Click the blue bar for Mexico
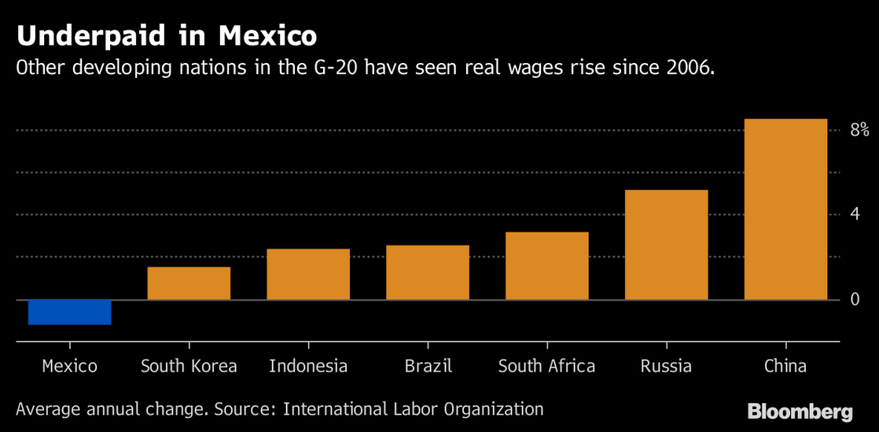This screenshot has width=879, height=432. tap(69, 312)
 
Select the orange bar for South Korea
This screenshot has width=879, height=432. tap(189, 283)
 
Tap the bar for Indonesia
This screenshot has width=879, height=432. tap(308, 274)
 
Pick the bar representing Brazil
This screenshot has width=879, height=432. tap(428, 272)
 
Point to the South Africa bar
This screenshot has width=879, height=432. tap(547, 265)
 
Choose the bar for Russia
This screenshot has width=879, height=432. tap(666, 244)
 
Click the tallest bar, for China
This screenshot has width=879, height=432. tap(785, 209)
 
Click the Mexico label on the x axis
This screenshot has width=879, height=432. tap(69, 367)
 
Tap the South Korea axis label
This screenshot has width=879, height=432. tap(189, 367)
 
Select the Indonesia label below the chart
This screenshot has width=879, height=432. tap(308, 367)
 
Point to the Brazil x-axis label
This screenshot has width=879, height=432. tap(428, 367)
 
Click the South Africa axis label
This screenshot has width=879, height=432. tap(547, 367)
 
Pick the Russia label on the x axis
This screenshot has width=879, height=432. tap(666, 367)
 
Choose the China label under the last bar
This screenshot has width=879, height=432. tap(785, 367)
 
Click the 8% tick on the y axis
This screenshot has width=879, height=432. tap(859, 130)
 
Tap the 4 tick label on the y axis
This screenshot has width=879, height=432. tap(855, 214)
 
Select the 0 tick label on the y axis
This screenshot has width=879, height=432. tap(855, 299)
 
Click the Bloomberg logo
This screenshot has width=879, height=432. tap(800, 411)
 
